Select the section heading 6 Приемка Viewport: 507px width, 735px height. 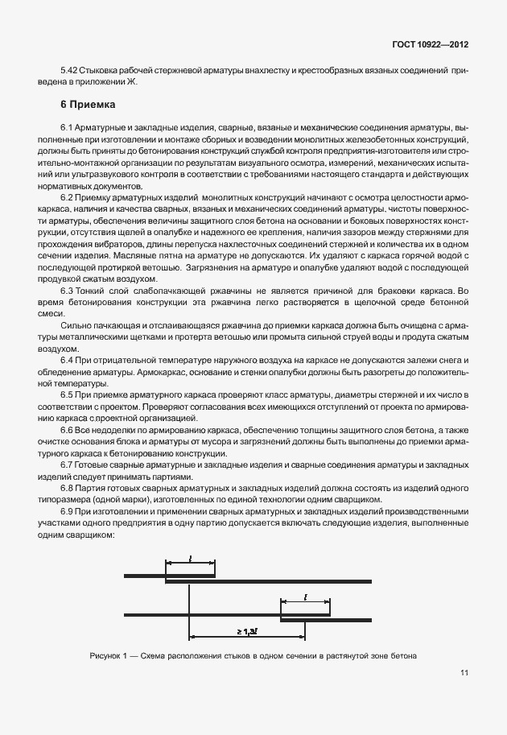click(x=89, y=105)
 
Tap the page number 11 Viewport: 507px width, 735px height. click(x=465, y=673)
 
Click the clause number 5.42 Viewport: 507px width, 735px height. click(x=71, y=71)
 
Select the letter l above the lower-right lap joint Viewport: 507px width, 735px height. click(x=305, y=596)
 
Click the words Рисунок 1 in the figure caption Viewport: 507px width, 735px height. click(x=109, y=655)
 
